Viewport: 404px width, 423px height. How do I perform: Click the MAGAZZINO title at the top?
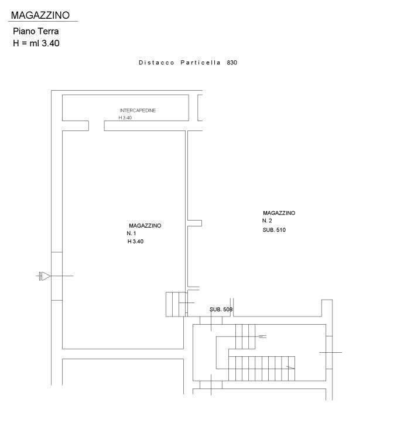pyautogui.click(x=40, y=15)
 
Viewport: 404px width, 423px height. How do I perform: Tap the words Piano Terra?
pyautogui.click(x=36, y=31)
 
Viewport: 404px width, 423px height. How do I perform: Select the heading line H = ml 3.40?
pyautogui.click(x=36, y=43)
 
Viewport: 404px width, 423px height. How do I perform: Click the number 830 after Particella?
pyautogui.click(x=232, y=63)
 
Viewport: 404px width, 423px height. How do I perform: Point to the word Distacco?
pyautogui.click(x=156, y=63)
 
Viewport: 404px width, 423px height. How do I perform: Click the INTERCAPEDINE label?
pyautogui.click(x=138, y=111)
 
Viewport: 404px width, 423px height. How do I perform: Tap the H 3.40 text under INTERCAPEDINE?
pyautogui.click(x=125, y=118)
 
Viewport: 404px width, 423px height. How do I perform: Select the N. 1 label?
pyautogui.click(x=131, y=233)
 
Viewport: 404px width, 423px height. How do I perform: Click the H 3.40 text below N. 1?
pyautogui.click(x=135, y=242)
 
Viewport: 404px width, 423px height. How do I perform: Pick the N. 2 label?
pyautogui.click(x=267, y=221)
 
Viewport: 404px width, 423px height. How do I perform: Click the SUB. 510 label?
pyautogui.click(x=274, y=230)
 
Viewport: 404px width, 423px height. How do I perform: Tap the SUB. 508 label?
pyautogui.click(x=221, y=309)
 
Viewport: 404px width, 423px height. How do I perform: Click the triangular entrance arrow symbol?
pyautogui.click(x=45, y=276)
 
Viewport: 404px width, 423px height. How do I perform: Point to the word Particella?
pyautogui.click(x=200, y=63)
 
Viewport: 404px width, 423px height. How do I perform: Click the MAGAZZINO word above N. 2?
pyautogui.click(x=279, y=213)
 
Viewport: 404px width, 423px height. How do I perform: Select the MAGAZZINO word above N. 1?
pyautogui.click(x=145, y=225)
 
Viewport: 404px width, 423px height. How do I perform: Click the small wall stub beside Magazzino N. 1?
pyautogui.click(x=195, y=223)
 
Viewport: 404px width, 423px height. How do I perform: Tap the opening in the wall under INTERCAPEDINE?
pyautogui.click(x=97, y=126)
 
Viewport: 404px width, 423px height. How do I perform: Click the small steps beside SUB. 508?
pyautogui.click(x=176, y=304)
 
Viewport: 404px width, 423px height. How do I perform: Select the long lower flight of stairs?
pyautogui.click(x=262, y=369)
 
